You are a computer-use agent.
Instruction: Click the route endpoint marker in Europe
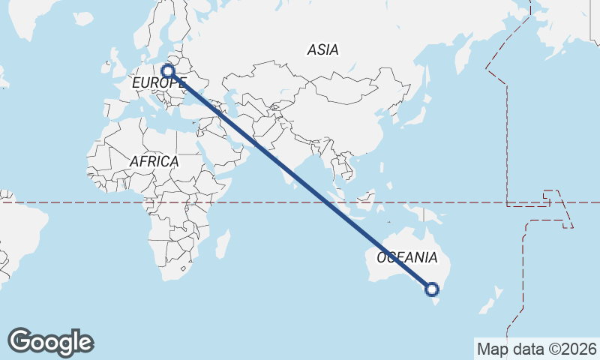(168, 71)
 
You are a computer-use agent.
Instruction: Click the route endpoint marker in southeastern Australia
(432, 289)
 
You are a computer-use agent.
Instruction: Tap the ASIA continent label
(322, 50)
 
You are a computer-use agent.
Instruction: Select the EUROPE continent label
(157, 82)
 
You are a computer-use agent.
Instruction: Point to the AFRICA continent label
(154, 161)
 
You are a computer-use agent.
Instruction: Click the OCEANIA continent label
(407, 258)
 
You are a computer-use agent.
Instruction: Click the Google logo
(50, 342)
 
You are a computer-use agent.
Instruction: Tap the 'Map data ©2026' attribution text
(536, 349)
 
